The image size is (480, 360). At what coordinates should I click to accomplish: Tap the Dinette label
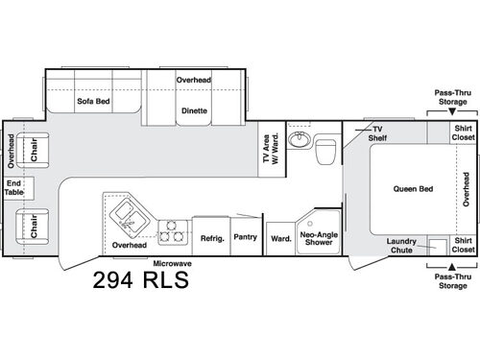(193, 109)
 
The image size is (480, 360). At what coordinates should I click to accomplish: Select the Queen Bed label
(414, 188)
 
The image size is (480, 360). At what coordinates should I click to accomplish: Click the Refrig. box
(211, 235)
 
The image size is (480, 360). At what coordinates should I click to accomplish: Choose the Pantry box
(245, 235)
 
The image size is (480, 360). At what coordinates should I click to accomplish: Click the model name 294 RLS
(140, 281)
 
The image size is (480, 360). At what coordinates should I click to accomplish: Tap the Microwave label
(173, 262)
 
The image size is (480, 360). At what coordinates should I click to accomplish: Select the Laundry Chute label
(401, 245)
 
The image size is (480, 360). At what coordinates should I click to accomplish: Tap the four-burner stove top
(172, 231)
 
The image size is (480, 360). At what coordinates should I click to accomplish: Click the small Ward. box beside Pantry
(280, 238)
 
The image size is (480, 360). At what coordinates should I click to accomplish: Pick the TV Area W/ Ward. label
(271, 151)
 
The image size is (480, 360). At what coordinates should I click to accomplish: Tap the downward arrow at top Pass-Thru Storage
(450, 109)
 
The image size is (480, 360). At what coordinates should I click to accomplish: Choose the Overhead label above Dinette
(193, 80)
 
